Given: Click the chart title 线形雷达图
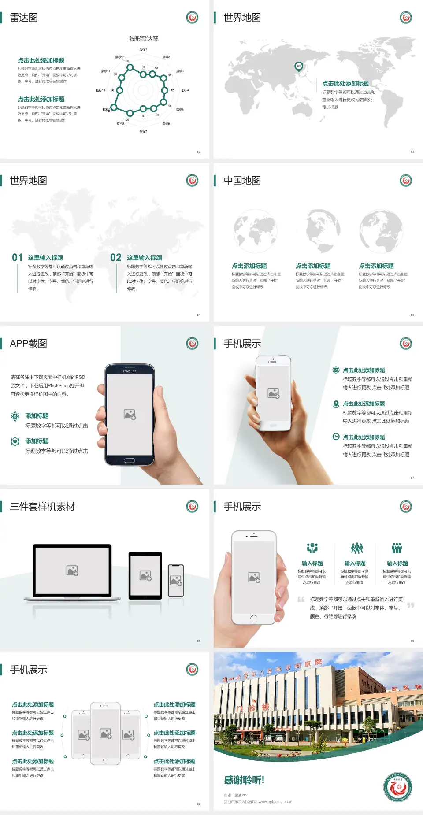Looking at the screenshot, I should pyautogui.click(x=144, y=39).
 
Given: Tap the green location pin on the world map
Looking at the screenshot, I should pyautogui.click(x=299, y=67).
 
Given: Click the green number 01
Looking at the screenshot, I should pyautogui.click(x=17, y=258).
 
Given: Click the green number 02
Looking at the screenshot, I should pyautogui.click(x=116, y=258).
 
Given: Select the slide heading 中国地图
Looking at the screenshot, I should pyautogui.click(x=242, y=181).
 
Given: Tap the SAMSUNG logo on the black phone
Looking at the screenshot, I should pyautogui.click(x=130, y=371).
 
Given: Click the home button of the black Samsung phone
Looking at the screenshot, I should pyautogui.click(x=129, y=460).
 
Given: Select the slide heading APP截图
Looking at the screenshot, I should pyautogui.click(x=28, y=344).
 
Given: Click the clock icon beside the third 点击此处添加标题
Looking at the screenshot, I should pyautogui.click(x=336, y=437).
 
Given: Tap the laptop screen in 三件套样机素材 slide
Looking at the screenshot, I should pyautogui.click(x=72, y=570).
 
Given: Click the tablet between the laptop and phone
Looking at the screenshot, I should pyautogui.click(x=145, y=575).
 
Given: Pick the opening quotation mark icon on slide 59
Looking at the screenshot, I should pyautogui.click(x=301, y=600).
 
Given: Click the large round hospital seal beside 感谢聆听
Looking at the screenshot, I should pyautogui.click(x=398, y=786).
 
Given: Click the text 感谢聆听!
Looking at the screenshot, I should pyautogui.click(x=244, y=780).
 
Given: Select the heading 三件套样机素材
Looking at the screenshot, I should pyautogui.click(x=42, y=507).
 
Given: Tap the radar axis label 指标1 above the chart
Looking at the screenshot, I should pyautogui.click(x=143, y=49).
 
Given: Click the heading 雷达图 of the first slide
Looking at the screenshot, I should pyautogui.click(x=24, y=18).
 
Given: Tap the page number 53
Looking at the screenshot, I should pyautogui.click(x=412, y=152).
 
